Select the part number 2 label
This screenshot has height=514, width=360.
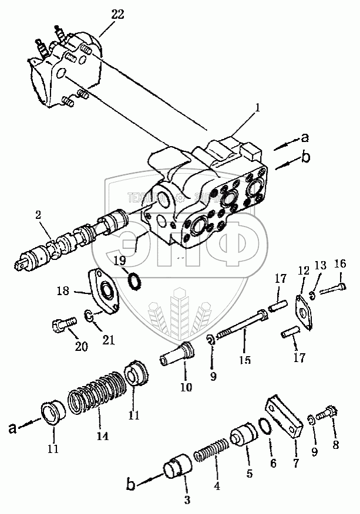[x=39, y=215]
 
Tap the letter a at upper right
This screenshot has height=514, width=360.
[x=304, y=138]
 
